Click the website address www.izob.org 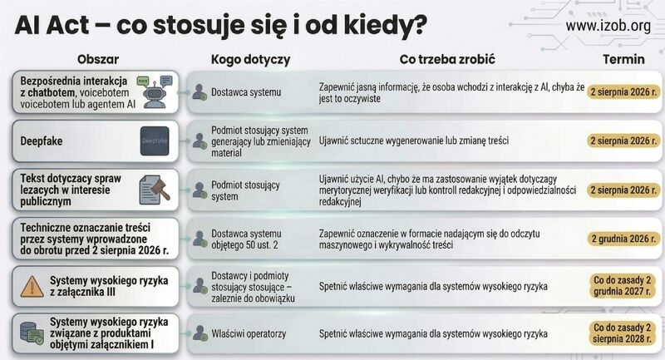[x=608, y=27]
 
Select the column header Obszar [x=98, y=59]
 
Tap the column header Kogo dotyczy [x=251, y=60]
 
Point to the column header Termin [x=623, y=59]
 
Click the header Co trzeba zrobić [x=447, y=59]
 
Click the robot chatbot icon [x=155, y=92]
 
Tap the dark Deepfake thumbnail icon [x=155, y=141]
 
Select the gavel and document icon [x=155, y=190]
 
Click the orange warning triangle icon [x=32, y=286]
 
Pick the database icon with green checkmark [x=32, y=333]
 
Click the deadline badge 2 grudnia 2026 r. [x=623, y=239]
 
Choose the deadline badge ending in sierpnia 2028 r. [x=622, y=333]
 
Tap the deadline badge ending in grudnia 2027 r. [x=622, y=286]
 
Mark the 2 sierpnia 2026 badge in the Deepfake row [x=623, y=141]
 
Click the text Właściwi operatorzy [x=249, y=333]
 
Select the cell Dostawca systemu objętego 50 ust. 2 [x=246, y=239]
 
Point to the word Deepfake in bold [x=41, y=141]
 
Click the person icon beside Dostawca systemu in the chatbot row [x=199, y=92]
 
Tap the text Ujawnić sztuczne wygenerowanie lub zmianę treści [x=413, y=141]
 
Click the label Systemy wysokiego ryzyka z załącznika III [x=109, y=286]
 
